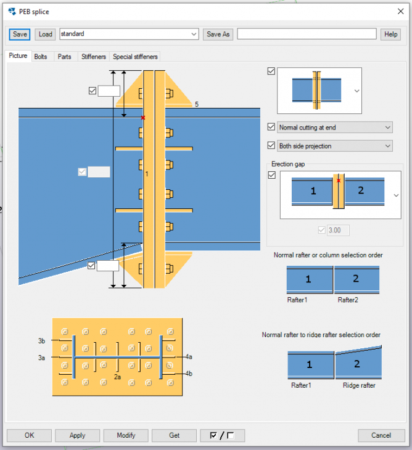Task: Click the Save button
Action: click(x=20, y=34)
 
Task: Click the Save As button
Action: click(x=218, y=34)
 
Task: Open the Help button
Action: click(x=390, y=34)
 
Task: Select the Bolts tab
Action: click(x=41, y=57)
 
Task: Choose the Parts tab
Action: click(x=64, y=57)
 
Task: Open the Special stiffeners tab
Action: click(x=135, y=57)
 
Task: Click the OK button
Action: click(x=29, y=435)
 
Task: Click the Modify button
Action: click(x=126, y=435)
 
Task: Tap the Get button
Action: click(x=174, y=435)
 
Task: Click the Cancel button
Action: click(x=381, y=435)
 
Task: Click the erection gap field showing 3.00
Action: click(x=338, y=231)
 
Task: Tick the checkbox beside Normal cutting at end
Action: click(x=271, y=128)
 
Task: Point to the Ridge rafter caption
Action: click(x=359, y=385)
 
